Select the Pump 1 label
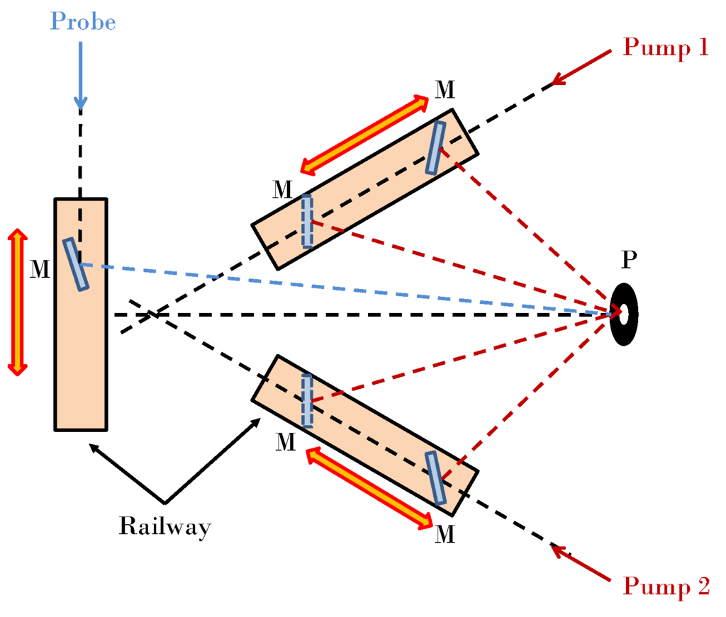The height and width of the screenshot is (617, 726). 665,47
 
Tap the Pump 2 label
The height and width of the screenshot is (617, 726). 665,587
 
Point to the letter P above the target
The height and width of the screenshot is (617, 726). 629,260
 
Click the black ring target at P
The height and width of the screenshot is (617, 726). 624,314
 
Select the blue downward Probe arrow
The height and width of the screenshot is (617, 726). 80,75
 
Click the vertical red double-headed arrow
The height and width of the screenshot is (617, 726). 18,301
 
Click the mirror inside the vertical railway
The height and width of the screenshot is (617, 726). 77,264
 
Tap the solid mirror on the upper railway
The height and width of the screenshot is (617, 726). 435,147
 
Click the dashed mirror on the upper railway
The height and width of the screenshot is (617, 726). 307,220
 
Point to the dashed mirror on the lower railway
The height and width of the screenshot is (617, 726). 307,401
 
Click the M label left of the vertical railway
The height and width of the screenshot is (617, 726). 40,268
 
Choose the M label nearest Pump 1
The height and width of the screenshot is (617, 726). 445,89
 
